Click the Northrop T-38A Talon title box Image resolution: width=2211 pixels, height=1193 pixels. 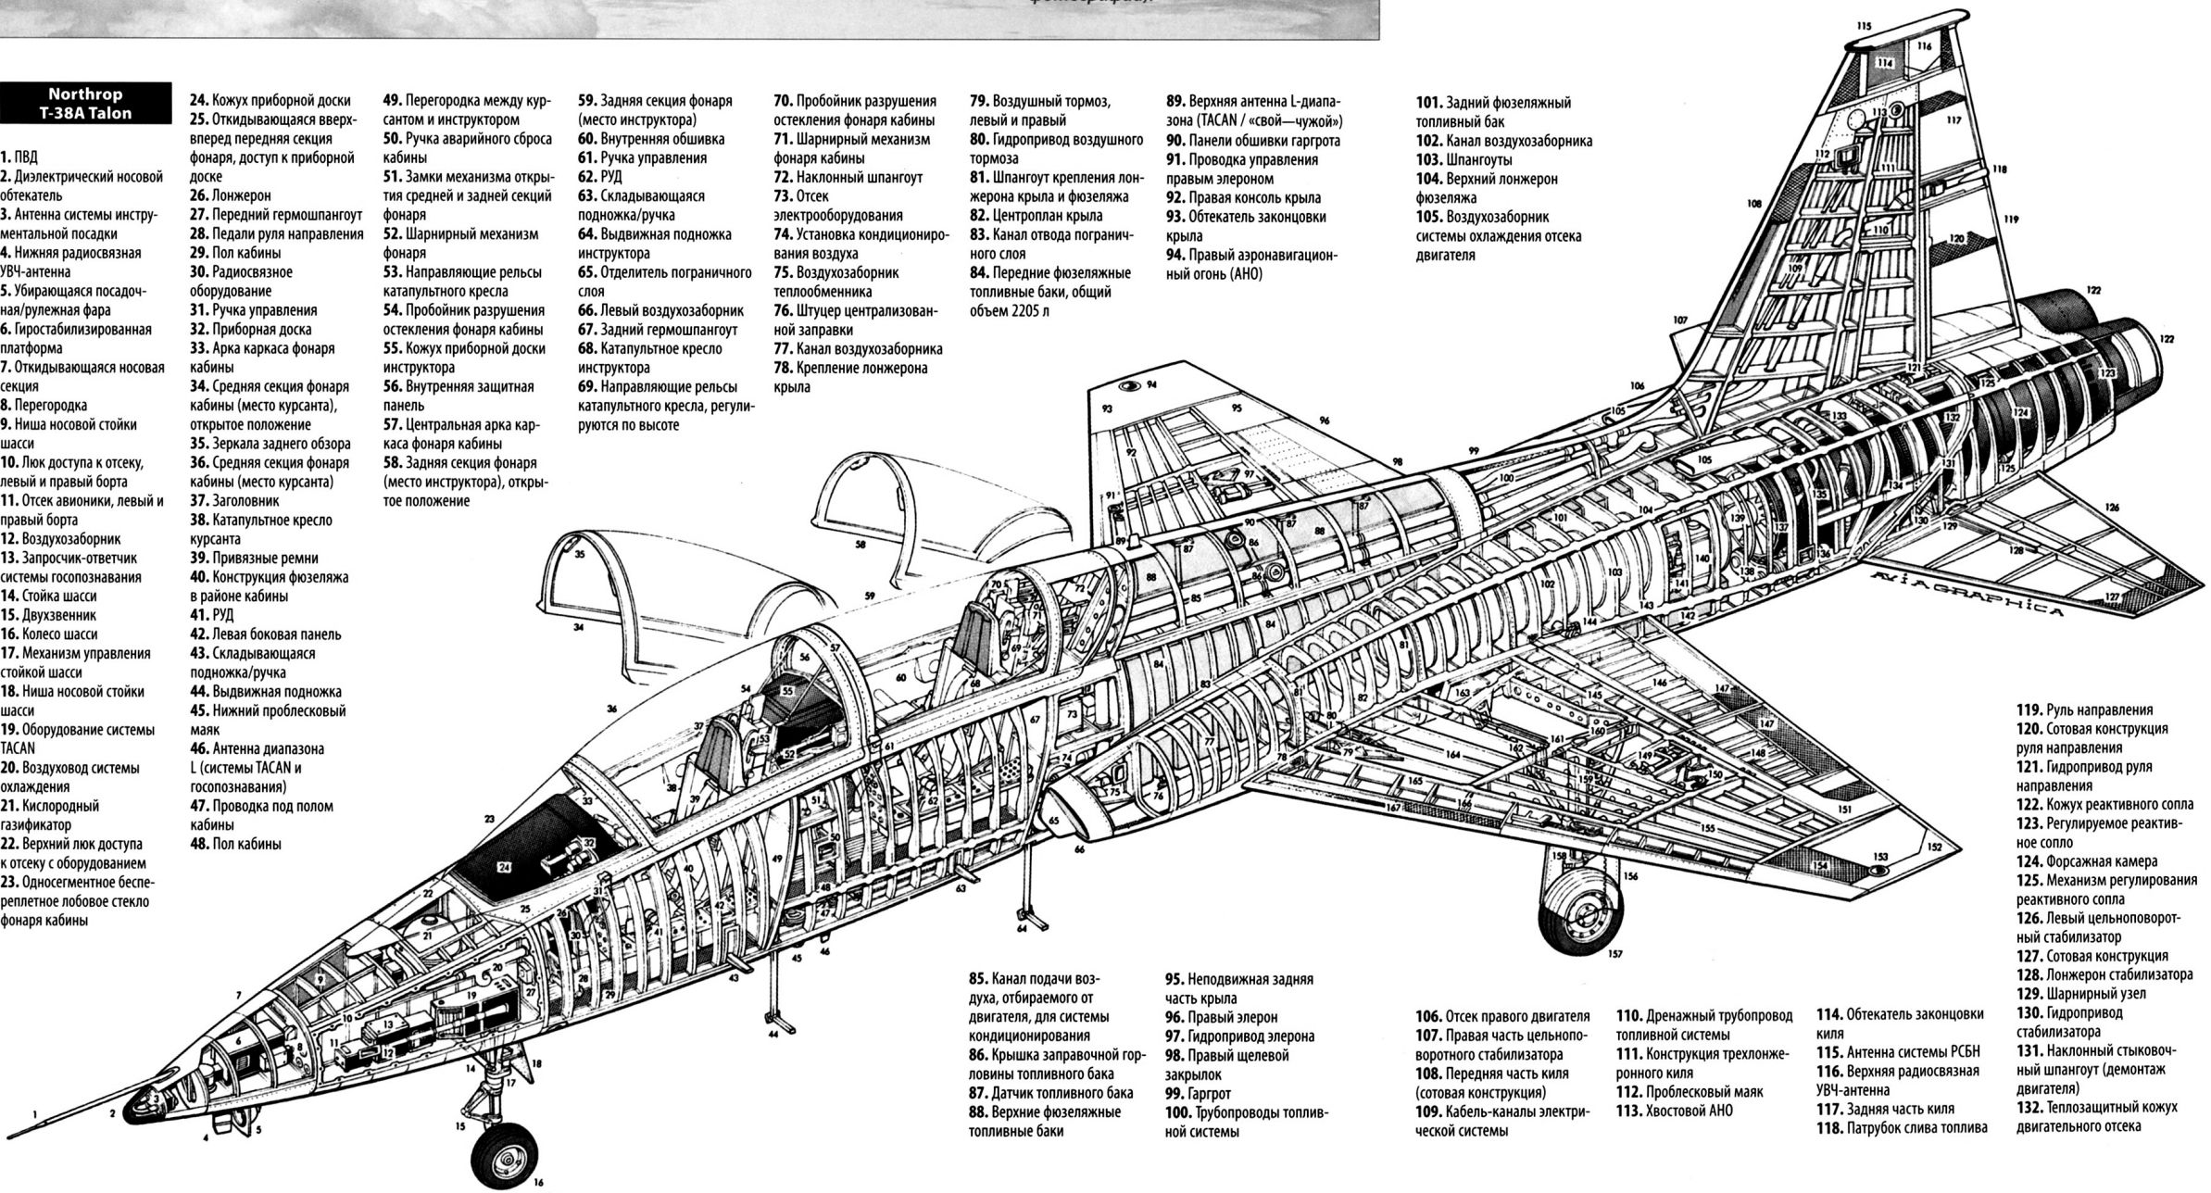[85, 104]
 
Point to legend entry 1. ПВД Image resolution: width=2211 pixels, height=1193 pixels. [19, 157]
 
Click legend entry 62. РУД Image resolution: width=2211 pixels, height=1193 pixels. [600, 177]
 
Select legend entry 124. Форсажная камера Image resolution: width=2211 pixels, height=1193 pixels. [2086, 861]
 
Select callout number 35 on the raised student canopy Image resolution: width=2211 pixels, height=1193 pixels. [580, 555]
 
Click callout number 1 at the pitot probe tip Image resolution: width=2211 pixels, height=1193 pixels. [35, 1115]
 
